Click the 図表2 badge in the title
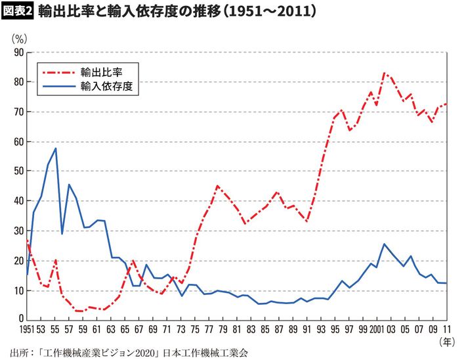(18, 11)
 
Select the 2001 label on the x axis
(376, 329)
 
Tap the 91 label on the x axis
(307, 329)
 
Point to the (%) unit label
(19, 38)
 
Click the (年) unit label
(446, 342)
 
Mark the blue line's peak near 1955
(56, 148)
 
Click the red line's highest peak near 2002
(385, 73)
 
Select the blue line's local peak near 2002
(384, 244)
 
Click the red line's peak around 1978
(217, 186)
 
